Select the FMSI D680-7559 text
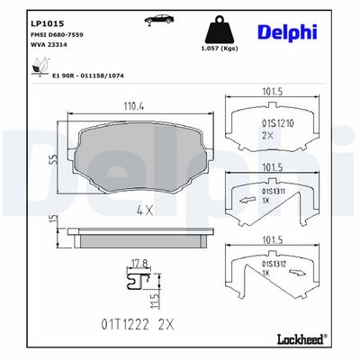coord(57,35)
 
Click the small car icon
coord(159,19)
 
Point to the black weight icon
coord(220,30)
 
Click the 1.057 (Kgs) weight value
coord(220,49)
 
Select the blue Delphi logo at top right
coord(287,32)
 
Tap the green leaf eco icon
coord(40,67)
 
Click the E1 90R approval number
coord(87,76)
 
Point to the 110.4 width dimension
coord(134,106)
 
